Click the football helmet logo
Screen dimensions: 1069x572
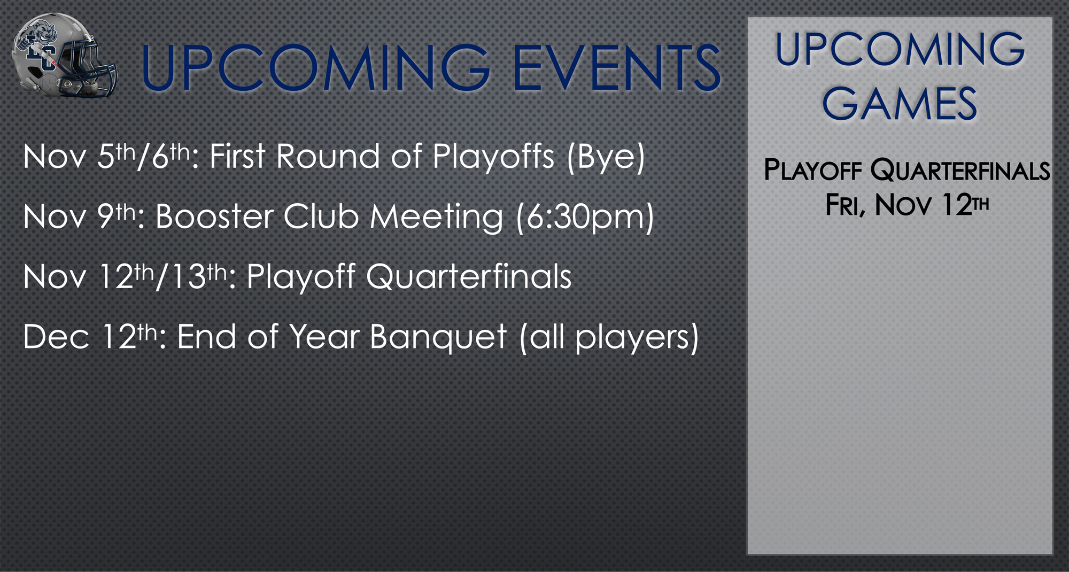pos(64,56)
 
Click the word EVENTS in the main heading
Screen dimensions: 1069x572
pos(617,68)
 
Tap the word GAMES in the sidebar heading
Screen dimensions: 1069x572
pos(900,104)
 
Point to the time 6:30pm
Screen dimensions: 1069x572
pos(586,218)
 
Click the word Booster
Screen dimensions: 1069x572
pos(215,217)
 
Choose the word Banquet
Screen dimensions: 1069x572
pos(438,338)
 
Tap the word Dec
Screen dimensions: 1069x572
pos(56,337)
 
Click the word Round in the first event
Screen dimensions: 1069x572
pos(329,157)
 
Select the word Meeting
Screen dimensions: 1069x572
pos(437,218)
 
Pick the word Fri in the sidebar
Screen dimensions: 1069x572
pos(843,205)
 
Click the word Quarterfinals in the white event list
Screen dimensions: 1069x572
pos(469,277)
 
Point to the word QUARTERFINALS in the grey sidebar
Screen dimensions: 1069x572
pos(960,171)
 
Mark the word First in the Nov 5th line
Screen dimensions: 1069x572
pos(238,157)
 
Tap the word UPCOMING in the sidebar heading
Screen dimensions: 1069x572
pos(900,49)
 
